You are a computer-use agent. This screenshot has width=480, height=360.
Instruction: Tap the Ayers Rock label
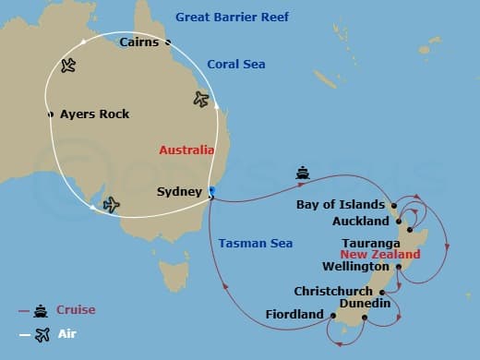coord(94,114)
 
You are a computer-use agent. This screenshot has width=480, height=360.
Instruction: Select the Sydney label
coord(179,191)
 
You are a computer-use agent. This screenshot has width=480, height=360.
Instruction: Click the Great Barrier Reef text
coord(232,17)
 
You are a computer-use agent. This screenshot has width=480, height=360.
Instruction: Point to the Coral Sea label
coord(235,64)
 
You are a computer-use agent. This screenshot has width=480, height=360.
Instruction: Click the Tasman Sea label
coord(256,243)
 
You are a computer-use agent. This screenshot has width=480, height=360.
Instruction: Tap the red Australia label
coord(186,150)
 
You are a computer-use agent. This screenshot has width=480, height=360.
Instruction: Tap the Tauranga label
coord(368,244)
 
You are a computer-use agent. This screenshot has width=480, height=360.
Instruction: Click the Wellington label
coord(355,266)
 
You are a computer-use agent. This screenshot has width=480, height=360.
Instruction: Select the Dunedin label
coord(365,303)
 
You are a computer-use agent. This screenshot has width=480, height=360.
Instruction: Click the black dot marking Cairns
coord(168,42)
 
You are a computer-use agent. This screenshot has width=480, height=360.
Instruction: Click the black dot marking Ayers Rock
coord(51,114)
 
